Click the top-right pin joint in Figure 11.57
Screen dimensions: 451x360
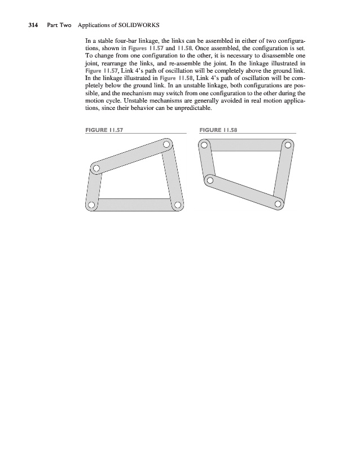click(x=166, y=145)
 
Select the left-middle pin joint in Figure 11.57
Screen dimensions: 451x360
click(x=96, y=168)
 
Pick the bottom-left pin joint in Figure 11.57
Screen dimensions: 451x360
click(x=91, y=204)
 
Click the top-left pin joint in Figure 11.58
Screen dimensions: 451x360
click(x=204, y=145)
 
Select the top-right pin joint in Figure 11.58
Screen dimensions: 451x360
click(x=288, y=145)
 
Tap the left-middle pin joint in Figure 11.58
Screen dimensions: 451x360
click(x=210, y=180)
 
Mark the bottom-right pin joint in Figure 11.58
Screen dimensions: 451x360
click(x=278, y=204)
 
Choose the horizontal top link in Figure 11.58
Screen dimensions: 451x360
click(x=246, y=145)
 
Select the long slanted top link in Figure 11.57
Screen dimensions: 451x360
click(x=131, y=156)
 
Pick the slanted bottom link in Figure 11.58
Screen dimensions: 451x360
click(x=244, y=192)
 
